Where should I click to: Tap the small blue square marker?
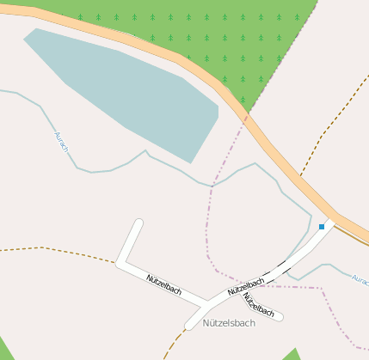point(322,227)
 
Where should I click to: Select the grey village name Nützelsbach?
point(229,323)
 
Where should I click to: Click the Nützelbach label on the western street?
point(163,285)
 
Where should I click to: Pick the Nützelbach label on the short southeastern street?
point(258,304)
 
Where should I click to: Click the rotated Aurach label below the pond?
point(61,142)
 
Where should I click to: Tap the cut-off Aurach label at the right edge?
point(360,280)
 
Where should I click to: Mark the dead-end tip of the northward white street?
point(138,224)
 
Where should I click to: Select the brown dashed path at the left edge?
point(43,248)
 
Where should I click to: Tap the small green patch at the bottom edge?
point(292,355)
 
